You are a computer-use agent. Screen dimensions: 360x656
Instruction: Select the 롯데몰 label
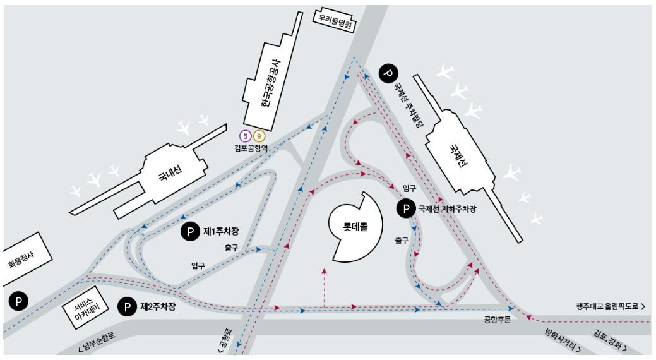[x=355, y=225]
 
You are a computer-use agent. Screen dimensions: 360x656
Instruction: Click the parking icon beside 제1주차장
[x=189, y=232]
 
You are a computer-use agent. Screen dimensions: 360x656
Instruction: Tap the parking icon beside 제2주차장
[x=128, y=307]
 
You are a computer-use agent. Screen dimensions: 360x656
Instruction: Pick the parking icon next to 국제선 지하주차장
[x=405, y=208]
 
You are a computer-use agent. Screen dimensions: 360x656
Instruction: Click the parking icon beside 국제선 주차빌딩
[x=388, y=73]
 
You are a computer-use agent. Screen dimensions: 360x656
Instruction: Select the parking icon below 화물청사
[x=19, y=301]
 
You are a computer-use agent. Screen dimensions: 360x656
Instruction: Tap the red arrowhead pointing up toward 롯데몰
[x=325, y=271]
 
